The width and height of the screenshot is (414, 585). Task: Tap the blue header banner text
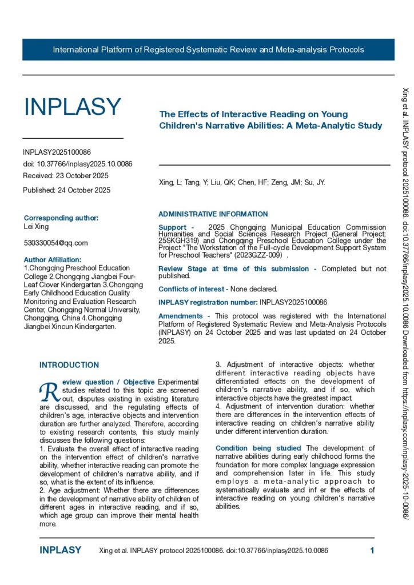208,50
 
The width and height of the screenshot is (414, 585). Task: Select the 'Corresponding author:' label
61,218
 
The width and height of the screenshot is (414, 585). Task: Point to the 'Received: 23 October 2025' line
66,175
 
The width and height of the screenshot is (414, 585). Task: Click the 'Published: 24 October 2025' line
67,190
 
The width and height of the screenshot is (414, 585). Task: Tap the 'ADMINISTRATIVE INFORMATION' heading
213,214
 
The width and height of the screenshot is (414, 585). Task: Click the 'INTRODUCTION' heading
69,364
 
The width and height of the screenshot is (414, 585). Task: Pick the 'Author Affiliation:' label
57,259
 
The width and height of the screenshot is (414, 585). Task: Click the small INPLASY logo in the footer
61,551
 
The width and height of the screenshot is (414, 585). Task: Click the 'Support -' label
176,227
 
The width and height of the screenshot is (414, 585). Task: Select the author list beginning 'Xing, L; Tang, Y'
241,183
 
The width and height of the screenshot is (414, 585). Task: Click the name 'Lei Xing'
36,227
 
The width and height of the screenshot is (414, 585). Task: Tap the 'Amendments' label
180,316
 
